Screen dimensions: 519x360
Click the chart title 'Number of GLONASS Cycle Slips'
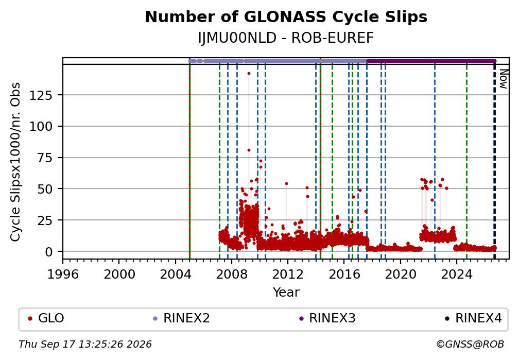[x=286, y=17]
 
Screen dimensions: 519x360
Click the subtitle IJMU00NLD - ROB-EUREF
[x=286, y=38]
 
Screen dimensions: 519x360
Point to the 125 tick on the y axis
[x=41, y=95]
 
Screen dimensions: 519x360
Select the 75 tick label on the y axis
[x=45, y=158]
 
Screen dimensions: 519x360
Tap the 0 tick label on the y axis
[x=49, y=252]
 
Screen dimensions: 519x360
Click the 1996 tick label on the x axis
[x=63, y=275]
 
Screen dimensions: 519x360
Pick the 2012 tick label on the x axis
[x=288, y=275]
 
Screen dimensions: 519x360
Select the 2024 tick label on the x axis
[x=456, y=275]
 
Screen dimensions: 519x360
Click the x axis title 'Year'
[x=286, y=292]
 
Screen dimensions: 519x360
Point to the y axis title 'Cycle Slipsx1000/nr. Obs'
[x=15, y=162]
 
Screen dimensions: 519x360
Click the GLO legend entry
[x=46, y=318]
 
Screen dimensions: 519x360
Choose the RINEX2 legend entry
[x=181, y=318]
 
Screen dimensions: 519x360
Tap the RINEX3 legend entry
[x=327, y=318]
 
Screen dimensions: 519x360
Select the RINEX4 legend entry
[x=474, y=318]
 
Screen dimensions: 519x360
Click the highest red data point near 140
[x=249, y=74]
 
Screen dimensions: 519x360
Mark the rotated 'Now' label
[x=503, y=79]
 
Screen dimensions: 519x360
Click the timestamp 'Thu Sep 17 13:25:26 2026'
[x=85, y=345]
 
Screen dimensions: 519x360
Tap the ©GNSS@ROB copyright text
[x=470, y=345]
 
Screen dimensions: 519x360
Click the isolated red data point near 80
[x=249, y=150]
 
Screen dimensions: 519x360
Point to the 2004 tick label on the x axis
[x=176, y=275]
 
